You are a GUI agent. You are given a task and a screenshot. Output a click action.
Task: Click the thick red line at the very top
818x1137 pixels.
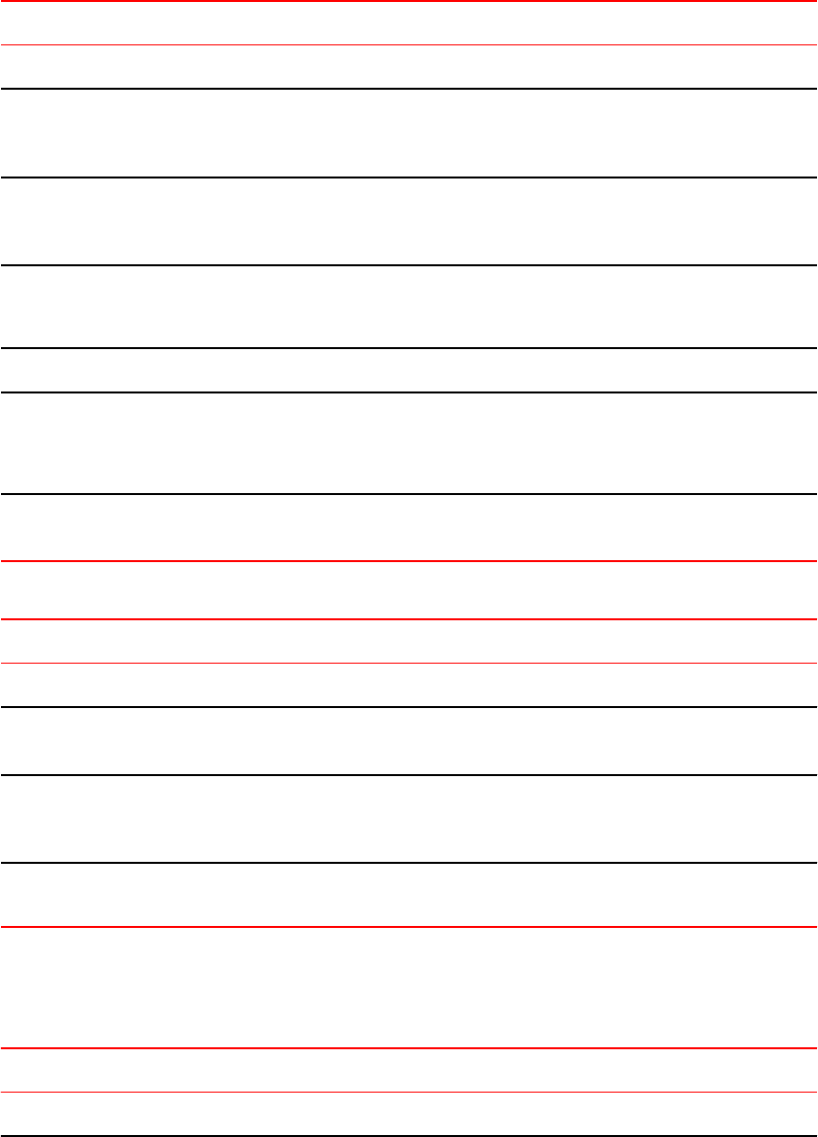(409, 1)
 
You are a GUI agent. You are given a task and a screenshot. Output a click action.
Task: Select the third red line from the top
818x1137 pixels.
(409, 619)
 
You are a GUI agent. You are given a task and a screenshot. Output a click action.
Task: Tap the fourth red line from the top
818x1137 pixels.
(409, 663)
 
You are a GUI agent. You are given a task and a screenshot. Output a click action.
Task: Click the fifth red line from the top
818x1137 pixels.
(409, 927)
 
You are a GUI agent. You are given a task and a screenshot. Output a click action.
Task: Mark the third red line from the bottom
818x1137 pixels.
(409, 663)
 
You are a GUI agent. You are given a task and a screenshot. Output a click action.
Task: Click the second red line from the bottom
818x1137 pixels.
(409, 927)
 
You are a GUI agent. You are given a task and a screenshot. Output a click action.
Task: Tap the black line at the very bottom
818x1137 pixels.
(409, 1136)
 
